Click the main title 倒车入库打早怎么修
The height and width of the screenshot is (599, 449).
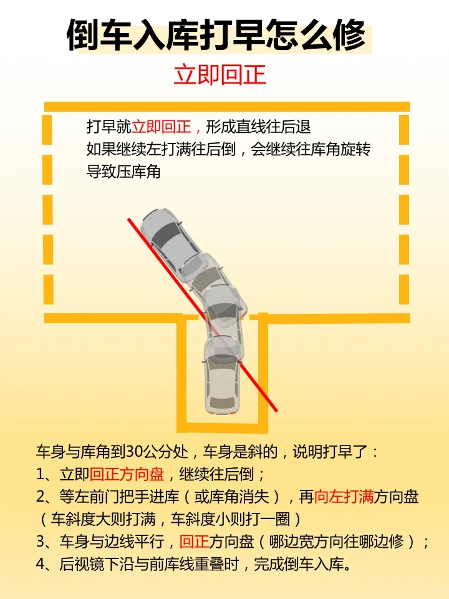click(217, 36)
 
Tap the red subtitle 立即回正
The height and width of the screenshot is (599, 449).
click(220, 75)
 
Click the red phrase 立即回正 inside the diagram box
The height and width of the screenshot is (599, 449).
click(161, 127)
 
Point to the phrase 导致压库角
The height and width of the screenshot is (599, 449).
click(123, 172)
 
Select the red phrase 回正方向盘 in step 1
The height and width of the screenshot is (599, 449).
click(127, 474)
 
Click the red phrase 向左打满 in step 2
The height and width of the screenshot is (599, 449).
click(344, 497)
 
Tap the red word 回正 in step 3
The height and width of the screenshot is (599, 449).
click(194, 542)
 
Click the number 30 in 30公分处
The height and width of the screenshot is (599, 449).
click(135, 452)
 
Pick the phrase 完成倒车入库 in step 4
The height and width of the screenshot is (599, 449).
click(299, 564)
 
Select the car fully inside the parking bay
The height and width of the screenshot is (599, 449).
click(223, 376)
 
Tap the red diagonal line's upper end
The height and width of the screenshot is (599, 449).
click(128, 219)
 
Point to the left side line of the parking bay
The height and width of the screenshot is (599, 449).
click(181, 373)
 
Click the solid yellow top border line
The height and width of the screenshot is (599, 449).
click(227, 107)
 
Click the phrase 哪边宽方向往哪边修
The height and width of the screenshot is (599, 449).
click(336, 542)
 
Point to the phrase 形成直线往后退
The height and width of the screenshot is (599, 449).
click(258, 127)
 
